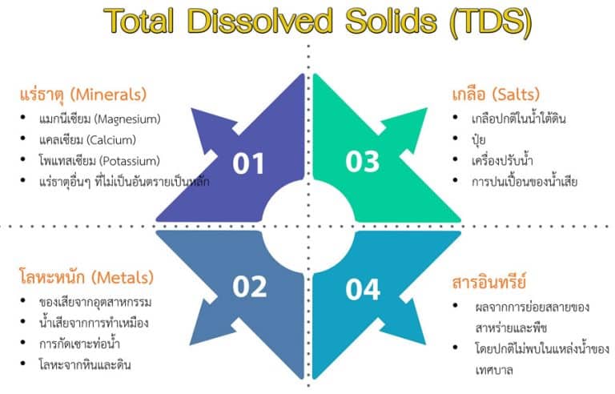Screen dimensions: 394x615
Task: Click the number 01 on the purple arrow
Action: [248, 163]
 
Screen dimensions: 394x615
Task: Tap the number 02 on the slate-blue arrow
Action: [249, 286]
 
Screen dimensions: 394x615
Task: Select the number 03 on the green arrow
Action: [362, 162]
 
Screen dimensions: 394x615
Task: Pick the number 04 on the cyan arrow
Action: [363, 288]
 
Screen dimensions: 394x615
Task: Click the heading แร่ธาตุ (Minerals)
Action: [83, 94]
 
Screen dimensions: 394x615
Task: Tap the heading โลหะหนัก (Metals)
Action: [86, 278]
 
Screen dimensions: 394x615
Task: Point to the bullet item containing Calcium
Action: [94, 140]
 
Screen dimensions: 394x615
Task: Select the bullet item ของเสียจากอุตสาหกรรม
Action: [95, 303]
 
